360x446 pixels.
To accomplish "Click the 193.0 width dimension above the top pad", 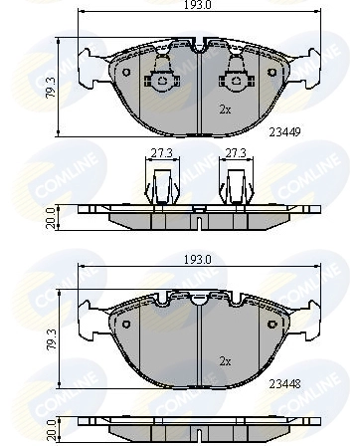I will (202, 6).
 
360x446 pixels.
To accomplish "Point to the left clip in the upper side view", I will (159, 185).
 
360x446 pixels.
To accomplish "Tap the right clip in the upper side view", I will (237, 185).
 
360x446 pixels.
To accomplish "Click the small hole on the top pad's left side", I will (124, 72).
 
